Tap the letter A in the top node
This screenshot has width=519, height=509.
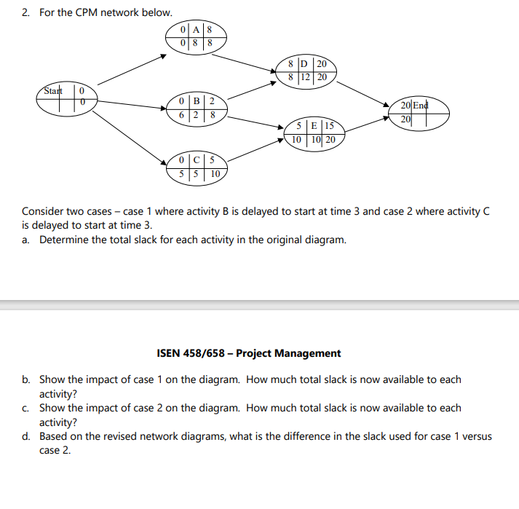tap(196, 30)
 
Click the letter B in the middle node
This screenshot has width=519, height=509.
tap(197, 100)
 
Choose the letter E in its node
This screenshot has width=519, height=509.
tap(311, 126)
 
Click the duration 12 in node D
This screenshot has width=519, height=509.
tap(307, 76)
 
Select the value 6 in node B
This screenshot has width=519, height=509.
tap(182, 114)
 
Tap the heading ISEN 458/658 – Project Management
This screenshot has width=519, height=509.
tap(248, 353)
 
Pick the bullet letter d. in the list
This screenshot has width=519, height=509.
tap(26, 436)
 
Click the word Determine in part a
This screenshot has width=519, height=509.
tap(65, 240)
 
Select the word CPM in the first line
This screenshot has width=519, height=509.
tap(87, 12)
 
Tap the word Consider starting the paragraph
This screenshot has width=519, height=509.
tap(44, 211)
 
